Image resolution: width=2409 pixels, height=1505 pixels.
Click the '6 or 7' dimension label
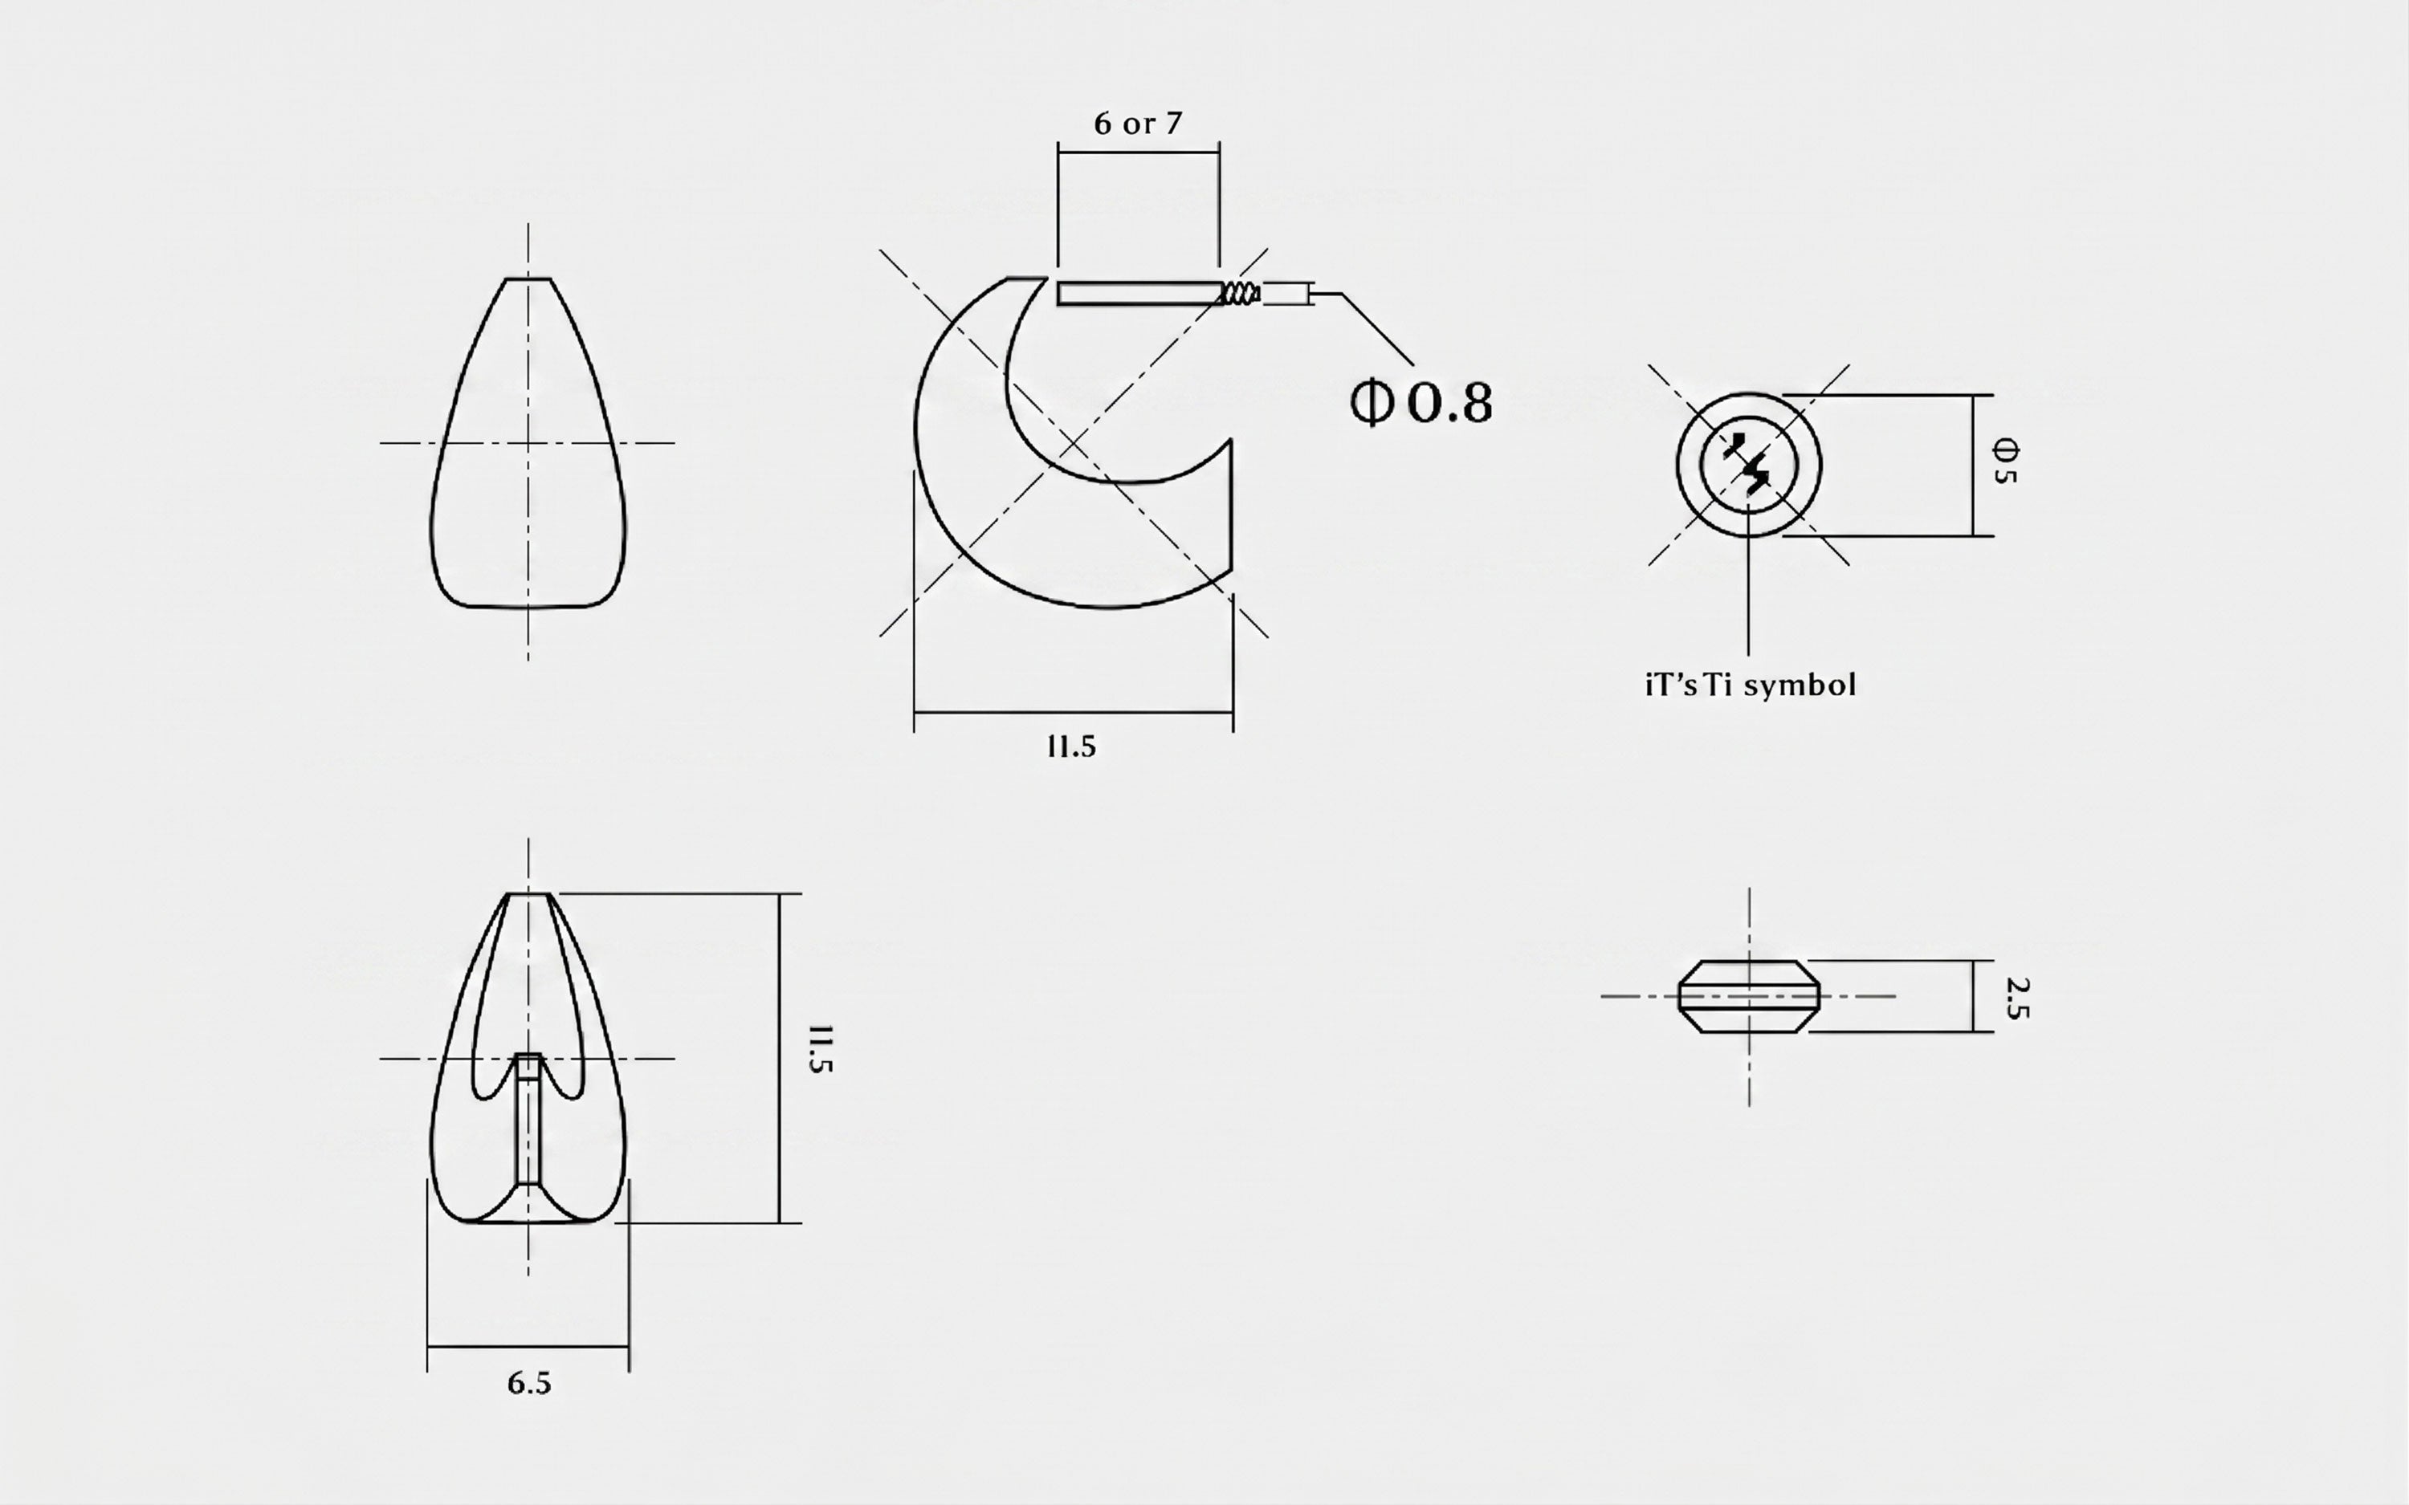[1138, 124]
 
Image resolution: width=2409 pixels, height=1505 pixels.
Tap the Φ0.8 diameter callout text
[1421, 403]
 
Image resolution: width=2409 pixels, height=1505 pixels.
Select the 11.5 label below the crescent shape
[1071, 746]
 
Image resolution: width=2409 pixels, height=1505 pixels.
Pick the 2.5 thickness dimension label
[2016, 999]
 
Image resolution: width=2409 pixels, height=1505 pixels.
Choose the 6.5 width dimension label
[528, 1382]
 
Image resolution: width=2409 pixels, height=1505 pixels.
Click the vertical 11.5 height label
[819, 1049]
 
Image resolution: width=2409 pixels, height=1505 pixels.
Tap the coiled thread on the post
[1241, 293]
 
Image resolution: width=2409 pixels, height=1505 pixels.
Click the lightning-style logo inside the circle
[1748, 465]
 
